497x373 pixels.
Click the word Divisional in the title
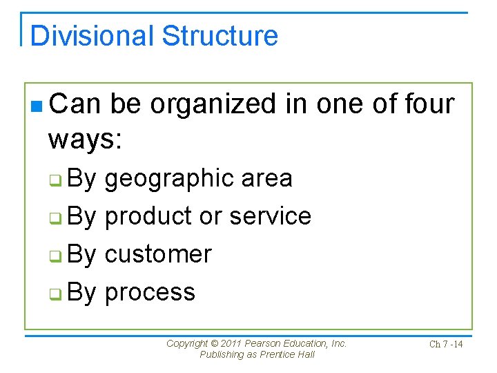pos(84,36)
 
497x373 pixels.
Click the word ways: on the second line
pos(85,140)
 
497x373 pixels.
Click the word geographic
pos(168,179)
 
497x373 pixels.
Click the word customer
pos(158,254)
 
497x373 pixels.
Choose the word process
pos(150,292)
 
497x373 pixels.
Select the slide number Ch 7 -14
pos(446,344)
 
